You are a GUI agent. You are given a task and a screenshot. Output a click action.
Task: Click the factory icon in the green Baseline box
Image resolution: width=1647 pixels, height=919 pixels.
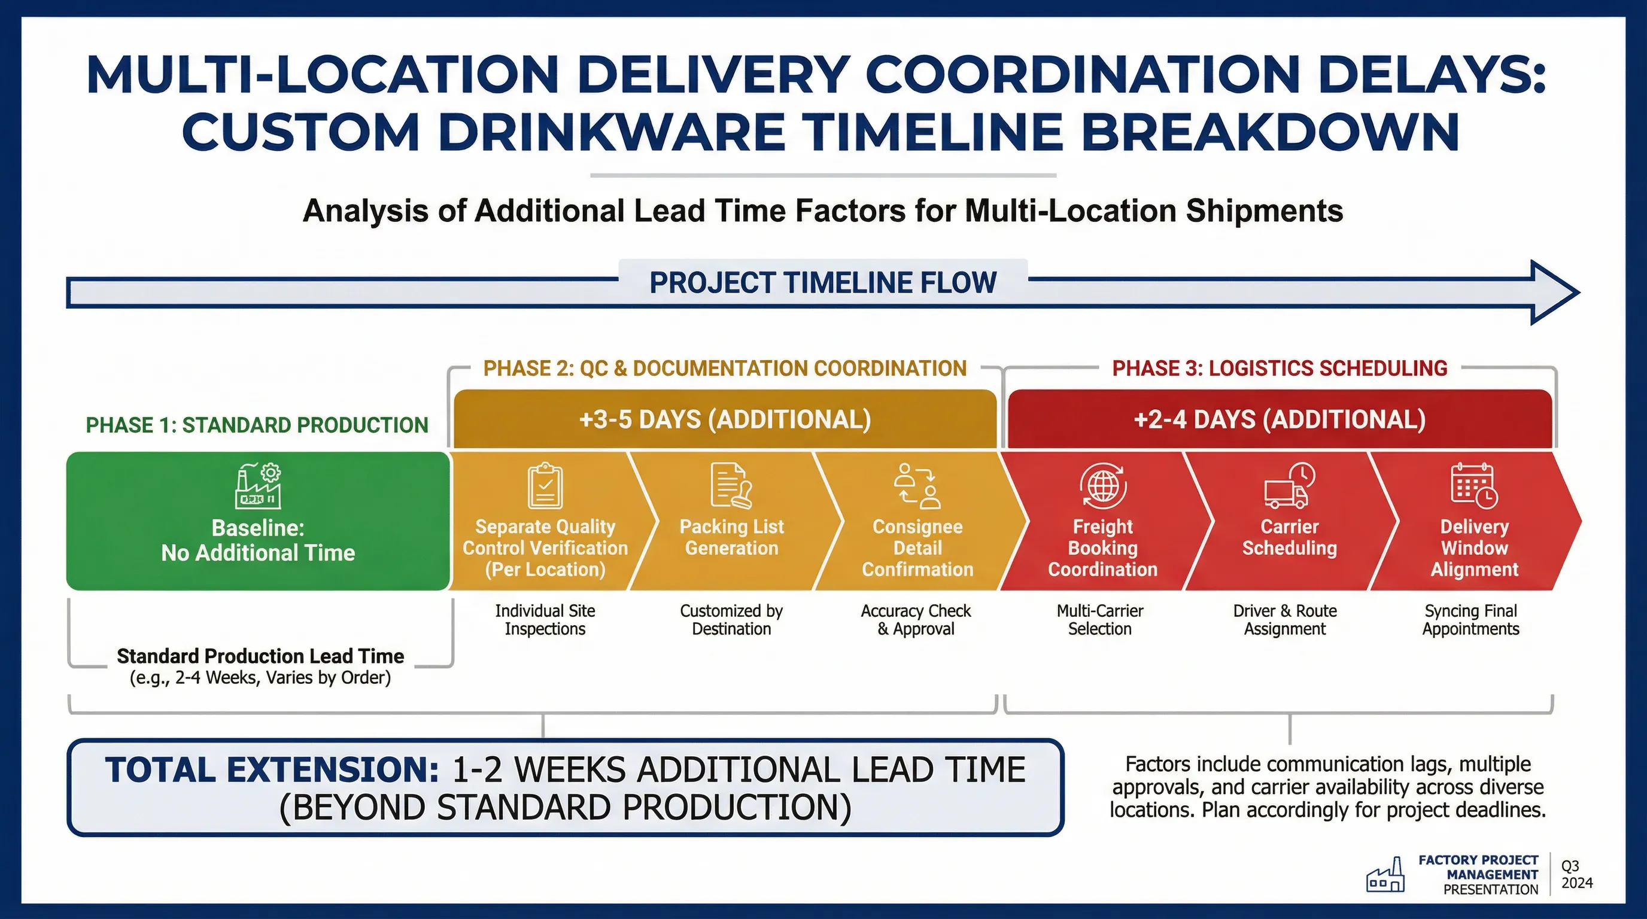coord(258,486)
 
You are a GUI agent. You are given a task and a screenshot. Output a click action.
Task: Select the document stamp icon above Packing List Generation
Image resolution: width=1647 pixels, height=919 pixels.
coord(731,486)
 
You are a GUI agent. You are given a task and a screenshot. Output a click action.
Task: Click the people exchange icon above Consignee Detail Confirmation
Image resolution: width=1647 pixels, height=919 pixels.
coord(917,486)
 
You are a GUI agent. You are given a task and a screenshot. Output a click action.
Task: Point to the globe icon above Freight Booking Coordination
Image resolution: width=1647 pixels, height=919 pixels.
coord(1103,486)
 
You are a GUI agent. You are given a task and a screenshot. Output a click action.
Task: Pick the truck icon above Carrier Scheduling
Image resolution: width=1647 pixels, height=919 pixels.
coord(1289,486)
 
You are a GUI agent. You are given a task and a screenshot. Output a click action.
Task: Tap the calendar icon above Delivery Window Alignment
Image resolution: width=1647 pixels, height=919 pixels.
coord(1473,486)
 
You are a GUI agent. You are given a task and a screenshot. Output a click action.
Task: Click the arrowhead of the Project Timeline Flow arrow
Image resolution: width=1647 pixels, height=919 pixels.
coord(1554,293)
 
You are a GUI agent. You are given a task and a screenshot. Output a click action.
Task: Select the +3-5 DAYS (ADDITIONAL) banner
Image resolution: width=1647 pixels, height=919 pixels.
coord(724,419)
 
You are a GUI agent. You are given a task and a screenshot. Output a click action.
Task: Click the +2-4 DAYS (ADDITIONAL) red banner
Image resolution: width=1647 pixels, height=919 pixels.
coord(1280,419)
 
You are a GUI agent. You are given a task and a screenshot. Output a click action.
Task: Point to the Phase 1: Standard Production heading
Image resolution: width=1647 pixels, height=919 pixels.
coord(257,425)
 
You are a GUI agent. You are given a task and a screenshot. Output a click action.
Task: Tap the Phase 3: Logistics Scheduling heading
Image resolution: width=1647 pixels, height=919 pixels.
coord(1280,368)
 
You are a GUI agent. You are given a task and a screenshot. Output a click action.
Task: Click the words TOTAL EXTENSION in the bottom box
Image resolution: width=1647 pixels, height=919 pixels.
coord(272,769)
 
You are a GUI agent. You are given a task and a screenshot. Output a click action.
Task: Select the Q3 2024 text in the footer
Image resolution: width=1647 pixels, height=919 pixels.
coord(1576,874)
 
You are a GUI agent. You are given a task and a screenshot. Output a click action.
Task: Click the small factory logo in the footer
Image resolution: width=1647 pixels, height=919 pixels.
coord(1385,875)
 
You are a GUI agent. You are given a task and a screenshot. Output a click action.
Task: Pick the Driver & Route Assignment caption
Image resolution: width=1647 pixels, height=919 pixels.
coord(1284,620)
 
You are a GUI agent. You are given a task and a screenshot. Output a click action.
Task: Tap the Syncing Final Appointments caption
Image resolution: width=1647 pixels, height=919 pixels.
coord(1470,620)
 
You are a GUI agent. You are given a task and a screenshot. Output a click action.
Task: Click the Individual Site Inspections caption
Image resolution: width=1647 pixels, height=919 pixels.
coord(545,620)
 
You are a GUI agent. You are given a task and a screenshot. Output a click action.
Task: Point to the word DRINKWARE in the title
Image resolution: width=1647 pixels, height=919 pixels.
coord(610,132)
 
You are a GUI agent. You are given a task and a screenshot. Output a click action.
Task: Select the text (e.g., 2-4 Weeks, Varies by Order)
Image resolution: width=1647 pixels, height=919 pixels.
coord(260,677)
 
